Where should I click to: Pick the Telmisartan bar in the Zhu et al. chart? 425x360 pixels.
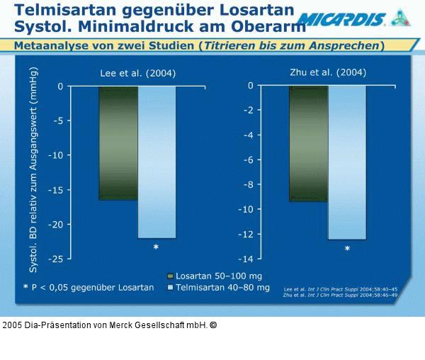[x=346, y=162]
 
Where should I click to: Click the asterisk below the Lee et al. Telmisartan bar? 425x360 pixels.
[x=156, y=248]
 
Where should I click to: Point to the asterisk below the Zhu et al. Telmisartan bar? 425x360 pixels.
[x=347, y=249]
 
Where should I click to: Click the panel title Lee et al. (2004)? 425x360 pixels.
[x=137, y=73]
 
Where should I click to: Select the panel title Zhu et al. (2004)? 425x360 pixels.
[x=329, y=72]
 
